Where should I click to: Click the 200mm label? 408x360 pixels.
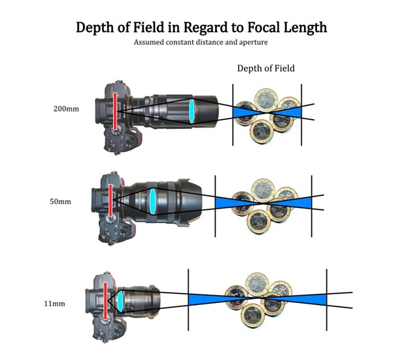click(x=66, y=109)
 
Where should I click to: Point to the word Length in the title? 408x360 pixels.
click(x=301, y=28)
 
